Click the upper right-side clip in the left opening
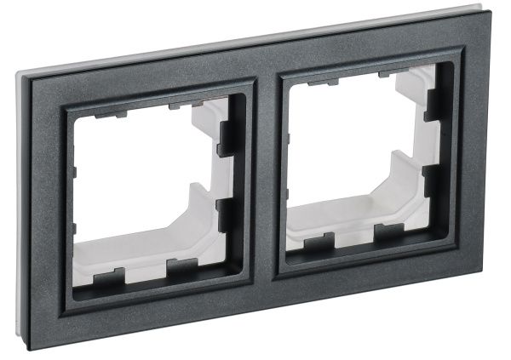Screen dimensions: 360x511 [x=228, y=136]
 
